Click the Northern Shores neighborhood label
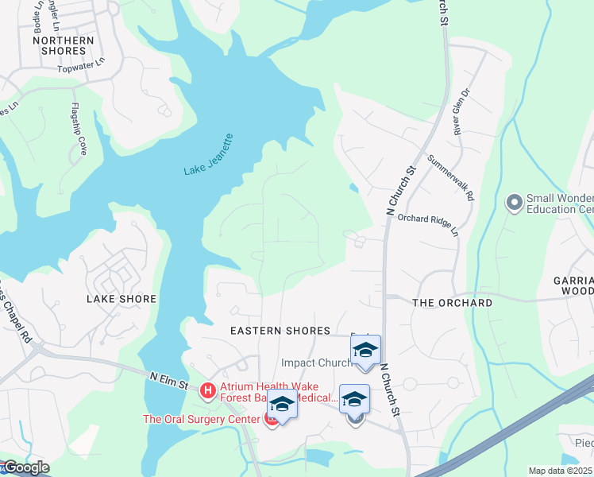coord(64,45)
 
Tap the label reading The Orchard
coord(452,303)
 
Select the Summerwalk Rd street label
coord(451,176)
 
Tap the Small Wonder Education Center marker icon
coord(514,203)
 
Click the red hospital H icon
coord(208,390)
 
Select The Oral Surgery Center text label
coord(202,419)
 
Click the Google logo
coord(25,467)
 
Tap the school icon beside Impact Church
coord(365,351)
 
